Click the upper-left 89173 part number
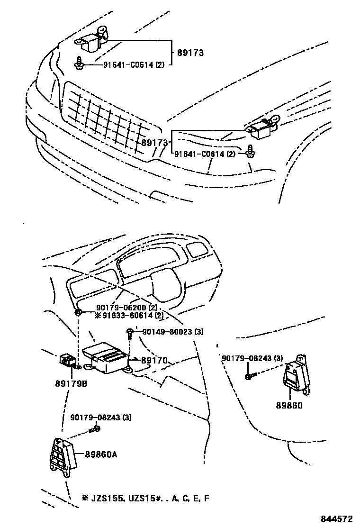(190, 53)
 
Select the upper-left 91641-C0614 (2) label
(134, 65)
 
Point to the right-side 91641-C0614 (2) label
(205, 154)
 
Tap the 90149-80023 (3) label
(172, 332)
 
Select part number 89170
(154, 361)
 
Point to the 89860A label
(101, 454)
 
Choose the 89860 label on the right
(289, 406)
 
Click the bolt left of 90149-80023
(129, 334)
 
